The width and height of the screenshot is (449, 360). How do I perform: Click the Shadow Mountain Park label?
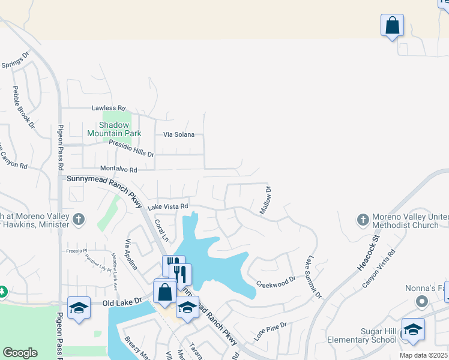[113, 129]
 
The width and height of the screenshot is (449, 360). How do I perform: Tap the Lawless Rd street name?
[109, 109]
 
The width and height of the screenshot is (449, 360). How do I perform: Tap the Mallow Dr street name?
[265, 200]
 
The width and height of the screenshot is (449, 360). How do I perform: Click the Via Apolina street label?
[131, 255]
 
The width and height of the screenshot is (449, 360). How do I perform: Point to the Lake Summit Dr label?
[313, 278]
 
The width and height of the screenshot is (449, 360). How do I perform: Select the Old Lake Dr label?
[121, 302]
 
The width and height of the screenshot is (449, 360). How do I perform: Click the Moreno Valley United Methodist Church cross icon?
[363, 220]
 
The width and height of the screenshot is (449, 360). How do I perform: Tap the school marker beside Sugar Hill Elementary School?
[413, 329]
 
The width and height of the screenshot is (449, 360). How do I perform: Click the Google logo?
[20, 353]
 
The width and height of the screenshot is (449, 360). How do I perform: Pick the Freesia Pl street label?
[77, 251]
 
